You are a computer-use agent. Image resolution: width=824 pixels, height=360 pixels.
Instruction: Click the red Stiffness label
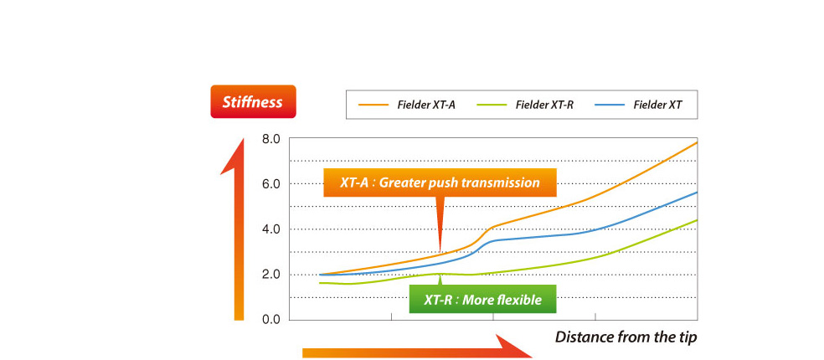point(253,101)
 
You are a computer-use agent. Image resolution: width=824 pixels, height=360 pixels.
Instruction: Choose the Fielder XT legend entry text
point(657,105)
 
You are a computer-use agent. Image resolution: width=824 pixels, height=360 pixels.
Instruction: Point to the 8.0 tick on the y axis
point(273,139)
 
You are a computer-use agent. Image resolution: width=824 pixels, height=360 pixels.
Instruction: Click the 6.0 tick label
point(273,184)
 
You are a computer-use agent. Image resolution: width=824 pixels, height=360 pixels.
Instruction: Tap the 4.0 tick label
point(273,229)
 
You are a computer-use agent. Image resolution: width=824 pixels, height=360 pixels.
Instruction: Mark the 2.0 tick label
point(273,275)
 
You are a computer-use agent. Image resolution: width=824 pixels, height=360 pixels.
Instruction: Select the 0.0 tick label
point(273,320)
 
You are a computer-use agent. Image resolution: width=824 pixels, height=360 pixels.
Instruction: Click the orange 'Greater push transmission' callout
point(440,183)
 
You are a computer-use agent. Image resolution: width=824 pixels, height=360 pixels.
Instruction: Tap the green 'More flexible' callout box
point(482,300)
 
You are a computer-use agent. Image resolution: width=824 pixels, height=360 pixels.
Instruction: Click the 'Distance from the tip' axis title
point(626,337)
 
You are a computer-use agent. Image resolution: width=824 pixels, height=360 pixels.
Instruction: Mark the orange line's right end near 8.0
point(697,142)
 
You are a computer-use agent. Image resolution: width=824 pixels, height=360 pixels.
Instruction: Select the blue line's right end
point(697,193)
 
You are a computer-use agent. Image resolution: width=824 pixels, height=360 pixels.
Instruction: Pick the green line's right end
point(697,220)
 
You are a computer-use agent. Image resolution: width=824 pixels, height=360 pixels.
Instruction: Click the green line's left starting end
point(319,283)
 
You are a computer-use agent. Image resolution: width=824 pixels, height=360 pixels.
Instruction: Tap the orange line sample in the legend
point(373,105)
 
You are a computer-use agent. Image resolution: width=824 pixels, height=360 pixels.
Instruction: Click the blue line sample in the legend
point(610,105)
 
